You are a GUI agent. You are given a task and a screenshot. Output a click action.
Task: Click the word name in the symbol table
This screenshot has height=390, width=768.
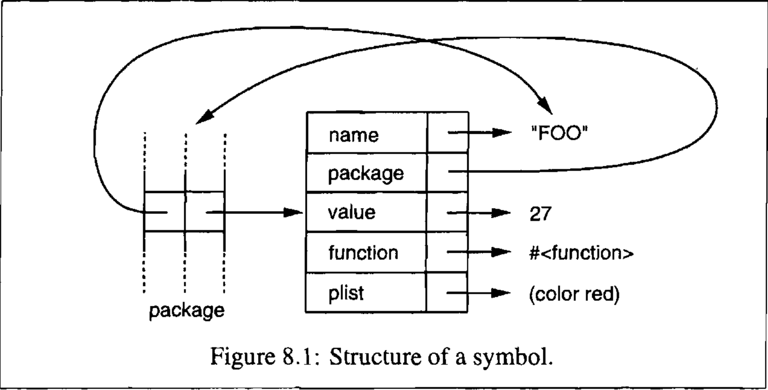353,135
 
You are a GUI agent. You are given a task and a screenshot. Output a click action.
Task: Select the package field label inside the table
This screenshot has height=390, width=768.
365,173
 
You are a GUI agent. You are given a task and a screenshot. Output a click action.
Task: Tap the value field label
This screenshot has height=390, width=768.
351,212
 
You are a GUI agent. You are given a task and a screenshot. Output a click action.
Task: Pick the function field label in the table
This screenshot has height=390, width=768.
363,252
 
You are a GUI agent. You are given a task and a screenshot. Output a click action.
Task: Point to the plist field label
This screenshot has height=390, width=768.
346,292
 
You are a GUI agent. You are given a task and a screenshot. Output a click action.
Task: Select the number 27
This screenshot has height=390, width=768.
540,213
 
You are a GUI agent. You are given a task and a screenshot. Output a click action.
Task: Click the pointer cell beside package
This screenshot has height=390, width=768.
447,172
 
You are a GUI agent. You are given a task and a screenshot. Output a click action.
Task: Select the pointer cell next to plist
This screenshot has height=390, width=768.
446,292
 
